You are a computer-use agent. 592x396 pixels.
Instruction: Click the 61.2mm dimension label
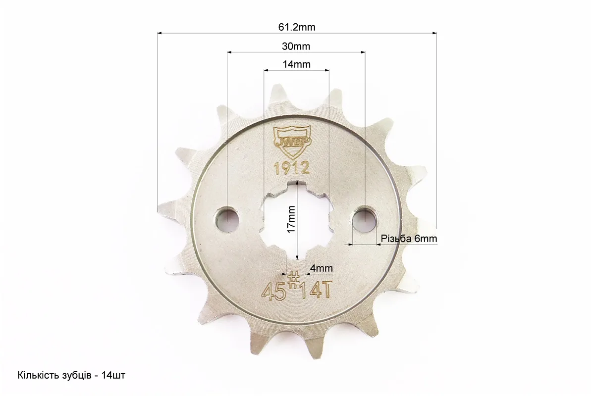coord(297,27)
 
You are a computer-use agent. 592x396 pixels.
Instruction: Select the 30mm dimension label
coord(296,47)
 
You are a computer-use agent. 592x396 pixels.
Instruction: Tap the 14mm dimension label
coord(296,64)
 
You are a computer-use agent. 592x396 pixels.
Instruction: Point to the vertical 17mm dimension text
coord(291,219)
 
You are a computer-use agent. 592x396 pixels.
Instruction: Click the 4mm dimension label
coord(322,268)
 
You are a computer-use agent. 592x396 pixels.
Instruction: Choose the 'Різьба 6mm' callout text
coord(409,239)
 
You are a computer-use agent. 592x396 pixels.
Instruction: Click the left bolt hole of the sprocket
coord(227,219)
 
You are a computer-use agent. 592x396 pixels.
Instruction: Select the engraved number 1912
coord(292,168)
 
